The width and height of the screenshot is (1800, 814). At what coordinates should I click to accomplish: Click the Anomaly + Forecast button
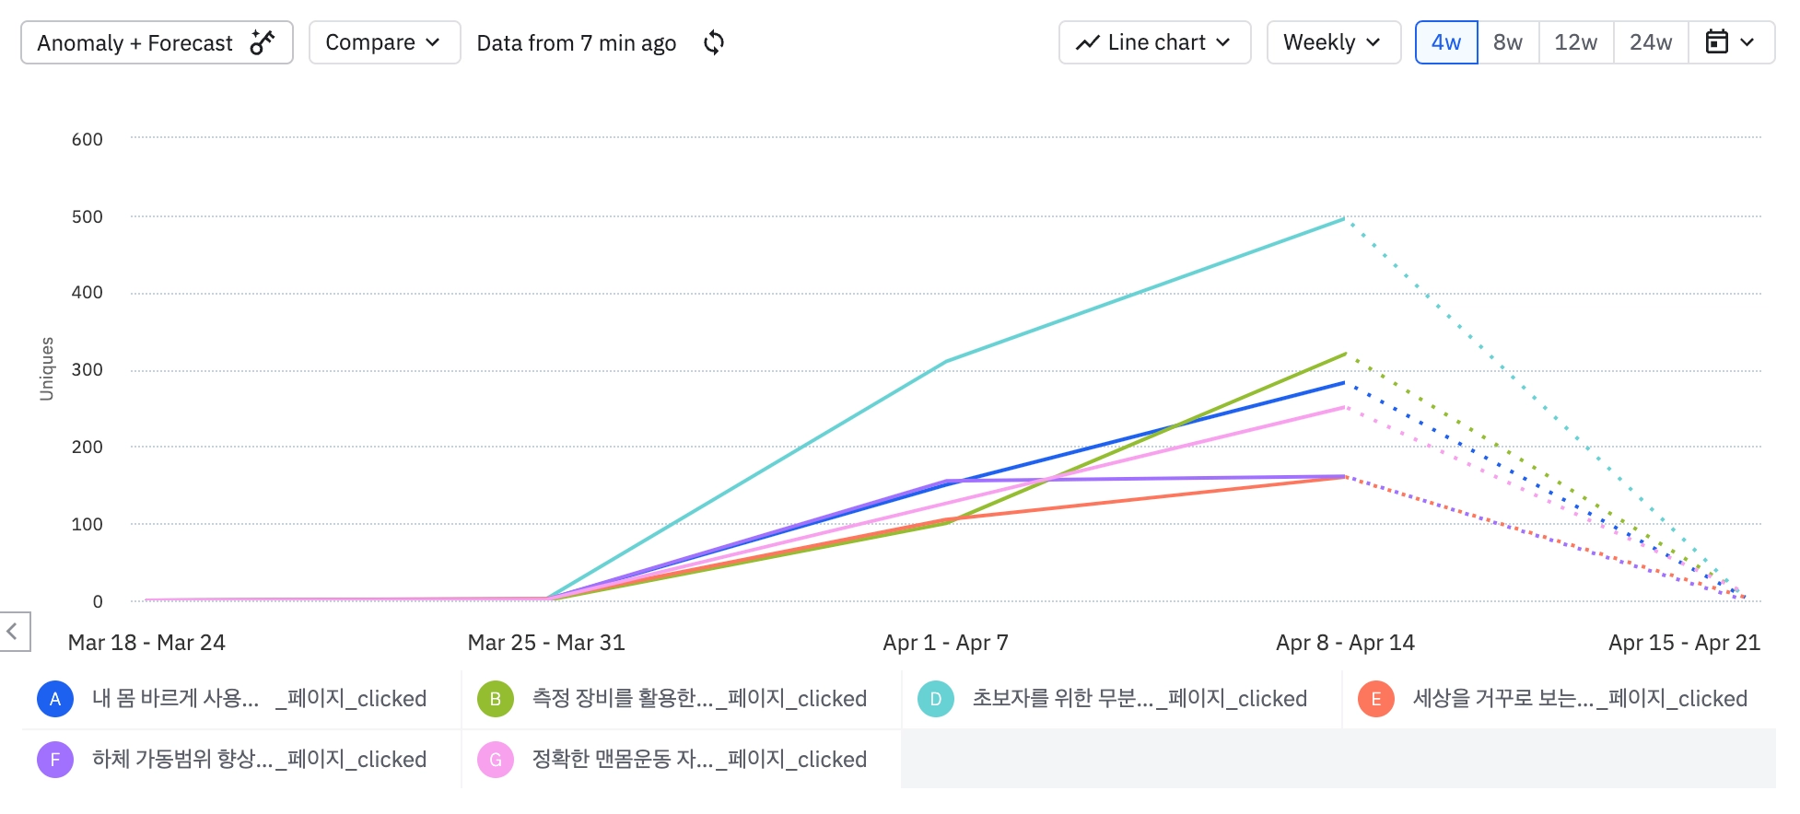(x=157, y=43)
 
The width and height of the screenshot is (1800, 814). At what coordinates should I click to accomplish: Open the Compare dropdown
(x=383, y=43)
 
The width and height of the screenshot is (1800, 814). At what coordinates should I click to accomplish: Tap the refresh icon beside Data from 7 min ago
(x=714, y=43)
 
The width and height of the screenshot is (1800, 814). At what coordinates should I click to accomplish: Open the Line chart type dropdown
(x=1154, y=43)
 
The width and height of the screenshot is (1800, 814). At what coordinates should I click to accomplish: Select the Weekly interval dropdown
(x=1332, y=43)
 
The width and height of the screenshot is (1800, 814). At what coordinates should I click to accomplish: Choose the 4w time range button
(x=1445, y=43)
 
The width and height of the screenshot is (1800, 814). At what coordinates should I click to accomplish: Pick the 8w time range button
(x=1508, y=43)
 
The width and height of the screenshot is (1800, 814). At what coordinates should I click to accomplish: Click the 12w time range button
(x=1575, y=43)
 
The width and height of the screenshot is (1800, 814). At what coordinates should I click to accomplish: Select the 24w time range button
(x=1650, y=43)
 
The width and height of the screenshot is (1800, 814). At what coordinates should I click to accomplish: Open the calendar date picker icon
(x=1718, y=42)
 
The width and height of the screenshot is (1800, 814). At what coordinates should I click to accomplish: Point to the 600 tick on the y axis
(x=88, y=140)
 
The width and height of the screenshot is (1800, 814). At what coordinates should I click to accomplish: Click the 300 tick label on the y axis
(x=88, y=370)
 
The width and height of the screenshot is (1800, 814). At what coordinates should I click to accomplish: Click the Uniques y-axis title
(x=47, y=368)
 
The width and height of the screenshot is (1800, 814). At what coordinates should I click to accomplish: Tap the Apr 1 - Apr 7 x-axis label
(x=945, y=643)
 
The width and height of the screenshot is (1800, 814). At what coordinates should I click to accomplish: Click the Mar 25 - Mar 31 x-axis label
(x=546, y=643)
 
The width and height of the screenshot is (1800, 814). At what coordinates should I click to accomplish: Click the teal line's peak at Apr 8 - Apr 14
(x=1344, y=219)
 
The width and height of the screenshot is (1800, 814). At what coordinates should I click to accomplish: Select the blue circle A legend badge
(x=55, y=699)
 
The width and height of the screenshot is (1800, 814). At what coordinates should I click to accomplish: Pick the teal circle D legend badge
(x=936, y=699)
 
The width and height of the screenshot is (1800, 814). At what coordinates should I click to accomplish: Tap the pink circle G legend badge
(x=496, y=760)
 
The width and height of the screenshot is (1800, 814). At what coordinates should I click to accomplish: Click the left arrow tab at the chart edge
(x=13, y=632)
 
